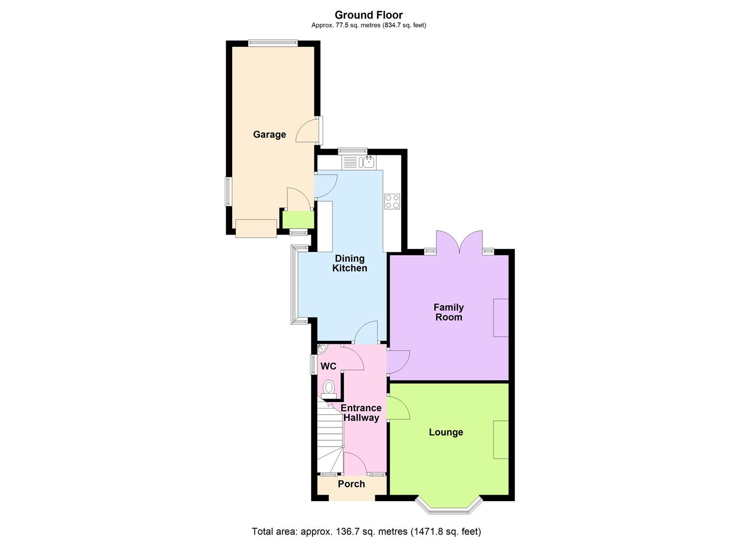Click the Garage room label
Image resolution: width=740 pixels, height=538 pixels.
[x=269, y=134]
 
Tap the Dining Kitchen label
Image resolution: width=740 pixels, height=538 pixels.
[x=350, y=263]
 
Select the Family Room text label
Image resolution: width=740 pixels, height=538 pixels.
[x=448, y=312]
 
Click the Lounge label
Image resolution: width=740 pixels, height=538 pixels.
[x=446, y=432]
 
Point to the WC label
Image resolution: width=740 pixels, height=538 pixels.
[x=328, y=367]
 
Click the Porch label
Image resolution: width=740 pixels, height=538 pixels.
[x=351, y=484]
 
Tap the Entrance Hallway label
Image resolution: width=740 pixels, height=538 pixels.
[x=361, y=413]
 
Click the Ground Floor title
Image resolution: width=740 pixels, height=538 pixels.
[x=368, y=15]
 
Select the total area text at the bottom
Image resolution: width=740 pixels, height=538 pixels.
[x=366, y=532]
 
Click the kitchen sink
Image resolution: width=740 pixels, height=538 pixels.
[x=368, y=162]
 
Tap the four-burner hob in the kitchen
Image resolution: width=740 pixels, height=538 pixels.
[x=392, y=201]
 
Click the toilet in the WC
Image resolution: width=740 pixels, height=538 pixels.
[x=329, y=388]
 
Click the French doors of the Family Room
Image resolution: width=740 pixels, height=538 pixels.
[x=459, y=243]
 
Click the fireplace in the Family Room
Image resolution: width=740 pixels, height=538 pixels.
[x=501, y=318]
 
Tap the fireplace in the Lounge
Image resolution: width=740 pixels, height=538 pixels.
[x=501, y=439]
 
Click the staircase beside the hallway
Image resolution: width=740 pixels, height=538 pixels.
[x=329, y=438]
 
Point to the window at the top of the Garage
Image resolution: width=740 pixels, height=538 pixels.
[x=273, y=43]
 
